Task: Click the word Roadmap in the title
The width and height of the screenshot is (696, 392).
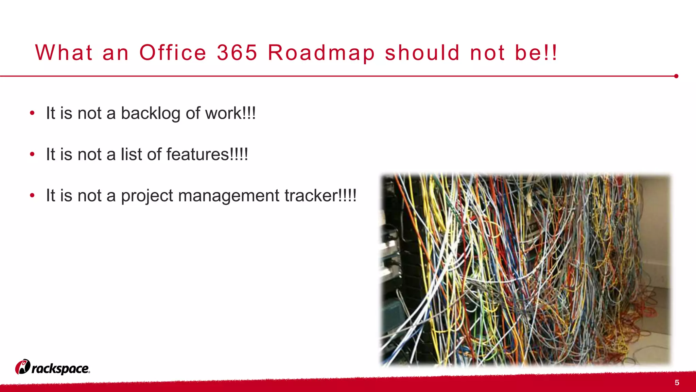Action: coord(321,53)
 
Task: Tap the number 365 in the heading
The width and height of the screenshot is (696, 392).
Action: coord(237,53)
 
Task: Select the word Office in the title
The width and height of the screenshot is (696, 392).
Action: coord(173,53)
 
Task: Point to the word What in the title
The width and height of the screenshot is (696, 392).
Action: coord(64,53)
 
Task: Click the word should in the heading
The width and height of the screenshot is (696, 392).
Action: coord(422,53)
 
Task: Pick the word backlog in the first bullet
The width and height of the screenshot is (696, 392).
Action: coord(150,114)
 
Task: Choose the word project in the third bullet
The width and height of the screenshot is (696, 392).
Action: coord(147,196)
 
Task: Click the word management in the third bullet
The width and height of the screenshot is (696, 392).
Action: coord(229,196)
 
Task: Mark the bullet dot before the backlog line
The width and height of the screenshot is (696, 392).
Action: coord(32,113)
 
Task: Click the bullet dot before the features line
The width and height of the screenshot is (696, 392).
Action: coord(32,154)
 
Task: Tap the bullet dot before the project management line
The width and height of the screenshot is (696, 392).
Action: coord(32,195)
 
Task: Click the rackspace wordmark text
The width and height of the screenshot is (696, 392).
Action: coord(60,369)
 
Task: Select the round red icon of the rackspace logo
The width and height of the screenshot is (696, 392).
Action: coord(23,367)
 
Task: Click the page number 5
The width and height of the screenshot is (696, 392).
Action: coord(677,383)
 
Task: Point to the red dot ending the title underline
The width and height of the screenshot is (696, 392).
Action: coord(676,76)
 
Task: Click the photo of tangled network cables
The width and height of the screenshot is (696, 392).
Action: coord(525,270)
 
